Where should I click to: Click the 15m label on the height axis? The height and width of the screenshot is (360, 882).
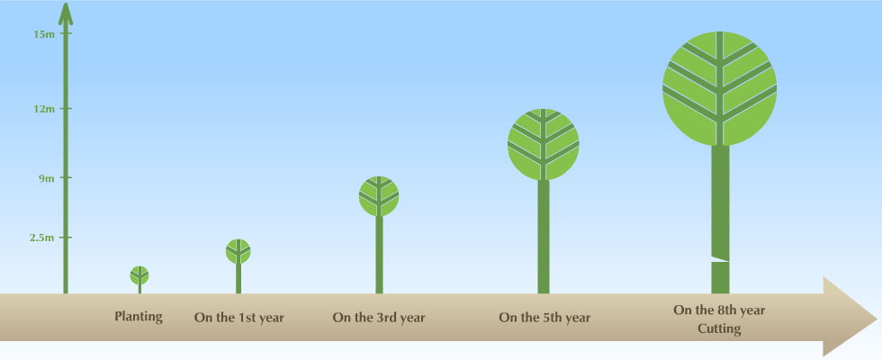(x=44, y=34)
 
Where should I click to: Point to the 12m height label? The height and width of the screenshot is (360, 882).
(x=44, y=109)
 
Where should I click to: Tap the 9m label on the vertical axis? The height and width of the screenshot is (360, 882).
(x=47, y=178)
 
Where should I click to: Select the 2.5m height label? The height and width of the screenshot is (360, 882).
(x=42, y=238)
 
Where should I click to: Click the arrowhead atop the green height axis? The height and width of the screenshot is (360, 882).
(x=66, y=14)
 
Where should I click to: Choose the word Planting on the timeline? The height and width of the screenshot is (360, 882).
(x=139, y=317)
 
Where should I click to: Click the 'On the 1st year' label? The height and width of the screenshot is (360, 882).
(x=239, y=318)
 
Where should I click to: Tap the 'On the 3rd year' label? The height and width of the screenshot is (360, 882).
(x=379, y=318)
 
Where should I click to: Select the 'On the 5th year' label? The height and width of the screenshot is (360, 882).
(x=544, y=318)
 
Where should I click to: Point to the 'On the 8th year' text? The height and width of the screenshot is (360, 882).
(x=719, y=310)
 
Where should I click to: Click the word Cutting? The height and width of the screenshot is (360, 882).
(x=719, y=328)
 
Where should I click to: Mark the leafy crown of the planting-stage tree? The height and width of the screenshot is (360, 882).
(x=139, y=275)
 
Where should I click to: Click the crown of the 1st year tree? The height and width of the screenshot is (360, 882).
(x=238, y=251)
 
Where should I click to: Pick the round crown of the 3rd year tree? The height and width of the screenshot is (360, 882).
(x=379, y=196)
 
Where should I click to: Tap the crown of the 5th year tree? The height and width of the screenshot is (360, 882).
(x=544, y=145)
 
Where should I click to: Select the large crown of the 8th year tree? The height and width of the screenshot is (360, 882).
(x=720, y=88)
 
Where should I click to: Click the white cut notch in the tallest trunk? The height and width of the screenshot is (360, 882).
(x=720, y=259)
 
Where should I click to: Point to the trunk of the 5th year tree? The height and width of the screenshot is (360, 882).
(x=544, y=237)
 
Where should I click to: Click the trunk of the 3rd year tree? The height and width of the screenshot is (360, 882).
(x=379, y=255)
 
